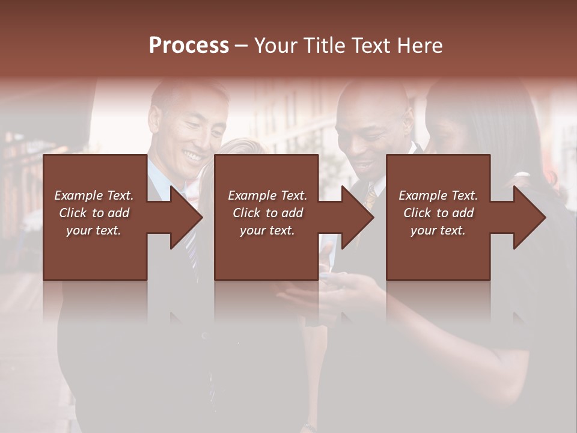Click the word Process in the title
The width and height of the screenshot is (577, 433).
tap(189, 45)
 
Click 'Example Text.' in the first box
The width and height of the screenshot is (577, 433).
tap(94, 195)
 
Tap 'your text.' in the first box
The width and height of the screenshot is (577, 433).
tap(94, 230)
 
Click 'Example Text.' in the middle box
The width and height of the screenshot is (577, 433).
tap(267, 195)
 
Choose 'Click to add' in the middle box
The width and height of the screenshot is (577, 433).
tap(267, 213)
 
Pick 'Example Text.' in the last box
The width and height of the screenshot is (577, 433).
tap(438, 195)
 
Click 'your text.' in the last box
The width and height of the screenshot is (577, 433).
tap(438, 230)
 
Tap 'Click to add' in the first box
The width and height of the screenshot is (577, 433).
tap(94, 213)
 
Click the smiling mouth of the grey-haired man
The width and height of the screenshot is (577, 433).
tap(192, 156)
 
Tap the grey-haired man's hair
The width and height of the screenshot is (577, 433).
tap(186, 90)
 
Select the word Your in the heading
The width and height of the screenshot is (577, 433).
tap(275, 46)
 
